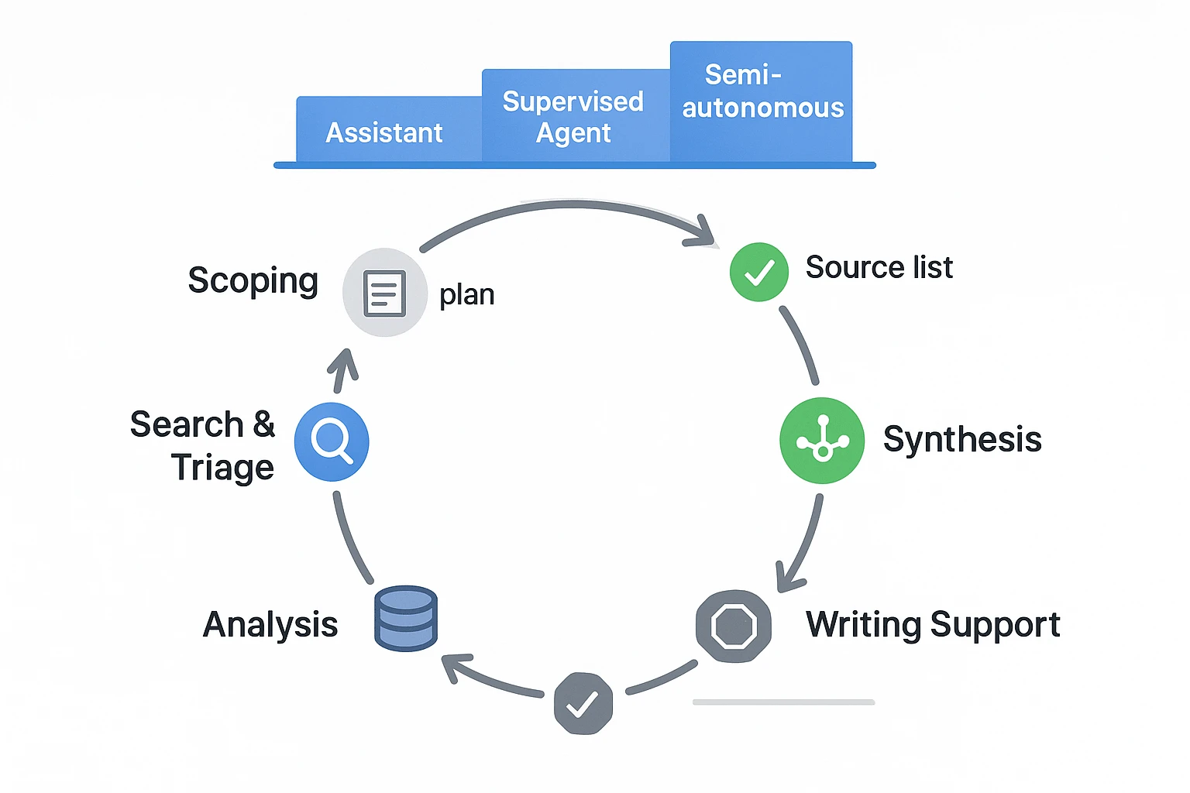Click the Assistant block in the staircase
tap(385, 132)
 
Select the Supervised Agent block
tap(573, 116)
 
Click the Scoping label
tap(253, 280)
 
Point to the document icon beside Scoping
tap(385, 293)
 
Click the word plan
tap(466, 295)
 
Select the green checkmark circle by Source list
tap(759, 272)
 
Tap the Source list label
tap(879, 267)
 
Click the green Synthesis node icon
tap(822, 441)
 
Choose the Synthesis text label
tap(962, 439)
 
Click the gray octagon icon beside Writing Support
tap(734, 626)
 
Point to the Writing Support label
tap(933, 625)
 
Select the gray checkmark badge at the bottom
tap(583, 703)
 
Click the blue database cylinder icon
tap(406, 618)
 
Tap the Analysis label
tap(270, 624)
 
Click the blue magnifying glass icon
tap(332, 441)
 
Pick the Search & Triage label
tap(204, 446)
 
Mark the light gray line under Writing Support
tap(783, 702)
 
